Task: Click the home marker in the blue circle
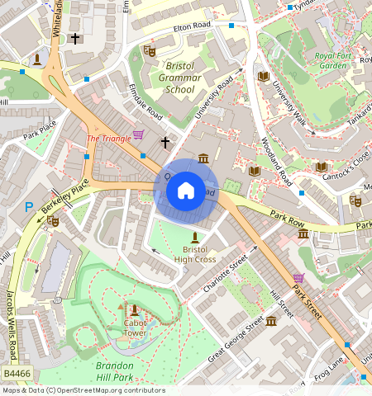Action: [186, 191]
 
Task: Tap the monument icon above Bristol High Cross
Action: [195, 236]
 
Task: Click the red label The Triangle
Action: [108, 139]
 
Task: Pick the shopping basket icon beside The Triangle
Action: [138, 134]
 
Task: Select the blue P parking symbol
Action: [29, 208]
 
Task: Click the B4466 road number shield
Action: [17, 375]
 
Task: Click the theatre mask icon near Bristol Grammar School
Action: [149, 51]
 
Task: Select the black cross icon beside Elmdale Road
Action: [165, 143]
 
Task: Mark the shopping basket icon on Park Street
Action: [298, 277]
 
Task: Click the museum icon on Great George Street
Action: [270, 320]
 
